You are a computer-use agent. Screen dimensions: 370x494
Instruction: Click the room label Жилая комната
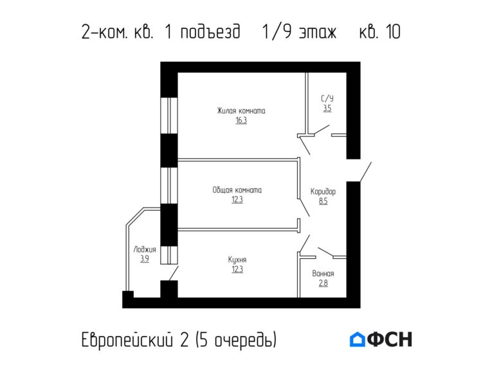pos(241,110)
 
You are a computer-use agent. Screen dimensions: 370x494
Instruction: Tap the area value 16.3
pos(241,120)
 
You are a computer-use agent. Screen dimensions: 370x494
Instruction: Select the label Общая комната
pos(237,190)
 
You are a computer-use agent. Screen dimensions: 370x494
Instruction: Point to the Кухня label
pos(237,260)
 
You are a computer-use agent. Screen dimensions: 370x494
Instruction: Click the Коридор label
pos(323,191)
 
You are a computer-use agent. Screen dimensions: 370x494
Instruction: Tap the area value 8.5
pos(323,200)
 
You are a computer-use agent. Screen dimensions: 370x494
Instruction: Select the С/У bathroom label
pos(327,99)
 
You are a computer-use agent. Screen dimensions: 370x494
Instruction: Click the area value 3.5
pos(327,109)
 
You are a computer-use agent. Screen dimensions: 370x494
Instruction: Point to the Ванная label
pos(323,274)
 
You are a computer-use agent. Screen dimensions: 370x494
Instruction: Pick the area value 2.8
pos(323,283)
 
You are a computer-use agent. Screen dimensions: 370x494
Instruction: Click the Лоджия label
pos(145,249)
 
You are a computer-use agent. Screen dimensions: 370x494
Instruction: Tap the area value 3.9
pos(145,259)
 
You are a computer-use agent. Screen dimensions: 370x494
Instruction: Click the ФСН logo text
pos(390,339)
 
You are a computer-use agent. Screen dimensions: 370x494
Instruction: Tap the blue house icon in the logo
pos(357,339)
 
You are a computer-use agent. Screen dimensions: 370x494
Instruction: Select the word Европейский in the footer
pos(129,339)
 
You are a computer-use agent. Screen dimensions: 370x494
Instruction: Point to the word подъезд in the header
pos(211,32)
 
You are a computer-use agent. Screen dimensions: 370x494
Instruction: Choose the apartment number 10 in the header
pos(392,31)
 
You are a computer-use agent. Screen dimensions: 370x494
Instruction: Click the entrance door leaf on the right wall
pos(365,172)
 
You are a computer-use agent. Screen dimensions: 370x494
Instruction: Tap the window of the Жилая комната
pos(169,116)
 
